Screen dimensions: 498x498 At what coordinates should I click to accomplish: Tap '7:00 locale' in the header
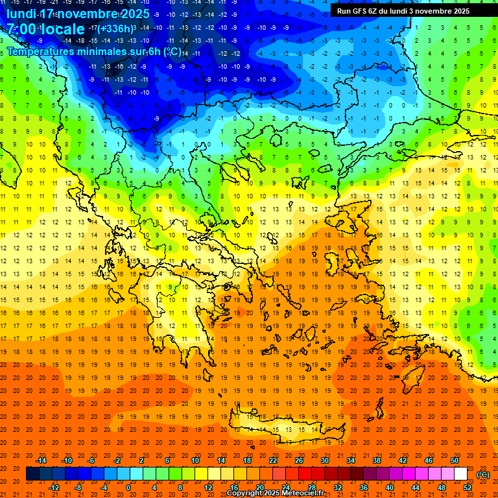coord(45,29)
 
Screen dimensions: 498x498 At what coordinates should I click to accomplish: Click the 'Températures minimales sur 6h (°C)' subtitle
coord(94,51)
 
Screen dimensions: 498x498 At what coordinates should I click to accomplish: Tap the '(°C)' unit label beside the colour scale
coord(482,475)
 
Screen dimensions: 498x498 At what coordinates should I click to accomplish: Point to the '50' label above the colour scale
coord(455,460)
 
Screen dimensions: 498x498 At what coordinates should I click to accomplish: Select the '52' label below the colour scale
coord(468,488)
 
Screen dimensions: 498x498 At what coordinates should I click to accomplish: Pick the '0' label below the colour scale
coord(128,488)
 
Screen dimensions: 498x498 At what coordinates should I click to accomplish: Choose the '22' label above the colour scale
coord(273,460)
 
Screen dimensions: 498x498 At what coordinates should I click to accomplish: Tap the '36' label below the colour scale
coord(364,488)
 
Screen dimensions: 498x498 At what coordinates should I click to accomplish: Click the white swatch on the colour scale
coord(461,474)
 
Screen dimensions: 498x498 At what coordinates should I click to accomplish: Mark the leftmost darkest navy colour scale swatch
coord(33,474)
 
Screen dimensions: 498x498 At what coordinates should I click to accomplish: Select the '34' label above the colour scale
coord(351,460)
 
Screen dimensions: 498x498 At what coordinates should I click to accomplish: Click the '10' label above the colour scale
coord(195,460)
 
